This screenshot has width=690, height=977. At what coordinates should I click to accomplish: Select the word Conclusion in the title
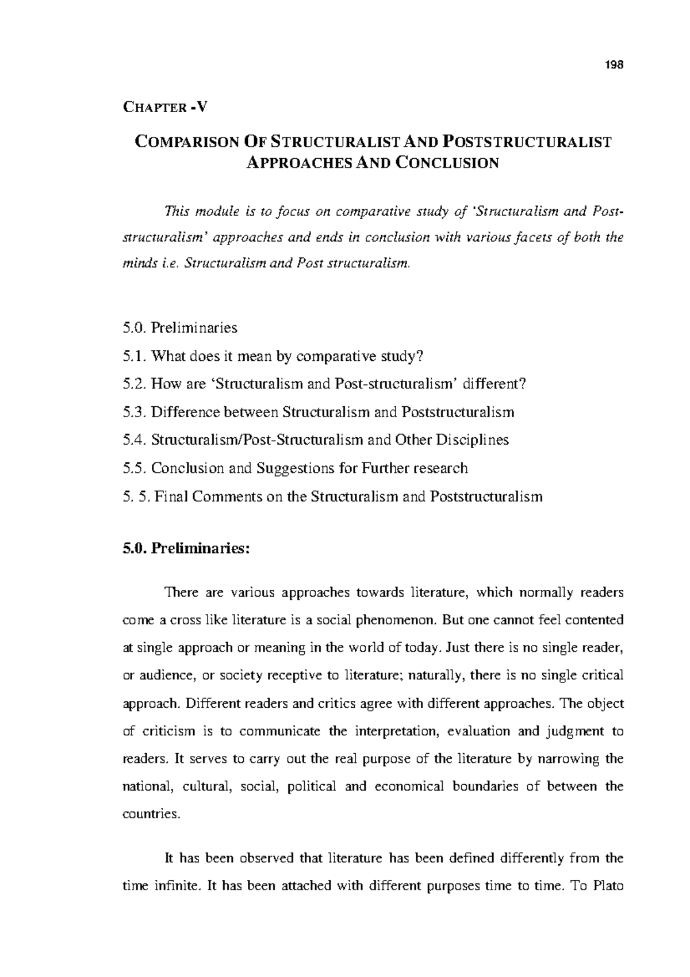coord(447,163)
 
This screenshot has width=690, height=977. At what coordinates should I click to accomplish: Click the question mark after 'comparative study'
coord(419,356)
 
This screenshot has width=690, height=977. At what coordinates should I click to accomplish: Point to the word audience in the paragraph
coord(166,675)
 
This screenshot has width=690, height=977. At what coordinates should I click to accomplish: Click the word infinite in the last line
coord(178,886)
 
